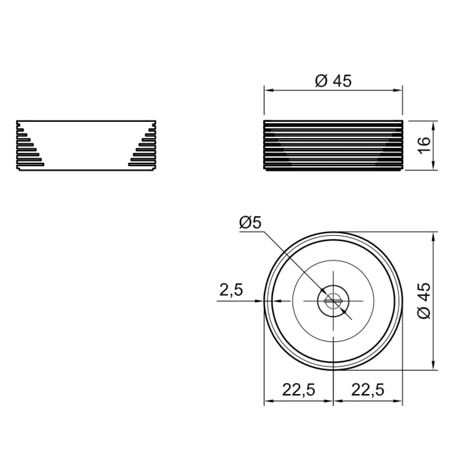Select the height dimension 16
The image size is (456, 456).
point(425,145)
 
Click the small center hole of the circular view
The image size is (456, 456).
point(333,301)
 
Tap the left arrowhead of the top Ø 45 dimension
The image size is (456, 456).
point(269,90)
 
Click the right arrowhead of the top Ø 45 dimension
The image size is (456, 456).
point(398,90)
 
